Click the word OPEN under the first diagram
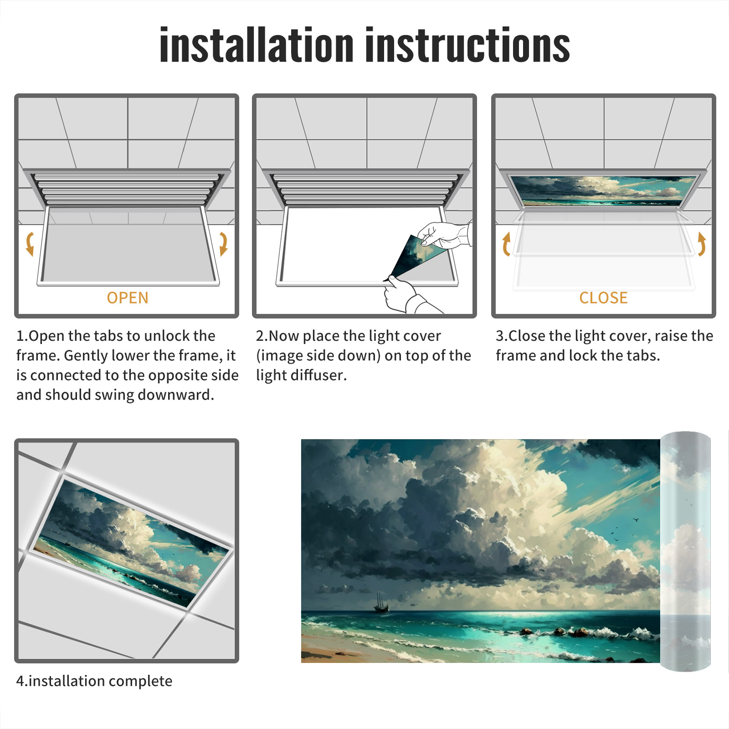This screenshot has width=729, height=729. click(128, 298)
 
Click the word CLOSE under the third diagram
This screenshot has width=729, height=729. click(603, 298)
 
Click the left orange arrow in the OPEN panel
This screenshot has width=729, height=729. click(30, 244)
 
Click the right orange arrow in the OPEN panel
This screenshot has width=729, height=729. click(223, 244)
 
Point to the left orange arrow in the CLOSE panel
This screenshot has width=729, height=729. click(506, 244)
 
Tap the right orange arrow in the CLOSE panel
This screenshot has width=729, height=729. click(702, 244)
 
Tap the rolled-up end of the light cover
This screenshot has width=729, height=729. click(685, 551)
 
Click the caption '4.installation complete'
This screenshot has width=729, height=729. click(94, 681)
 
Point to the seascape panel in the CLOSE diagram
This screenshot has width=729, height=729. click(603, 190)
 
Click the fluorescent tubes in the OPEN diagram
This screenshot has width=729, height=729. click(127, 190)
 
